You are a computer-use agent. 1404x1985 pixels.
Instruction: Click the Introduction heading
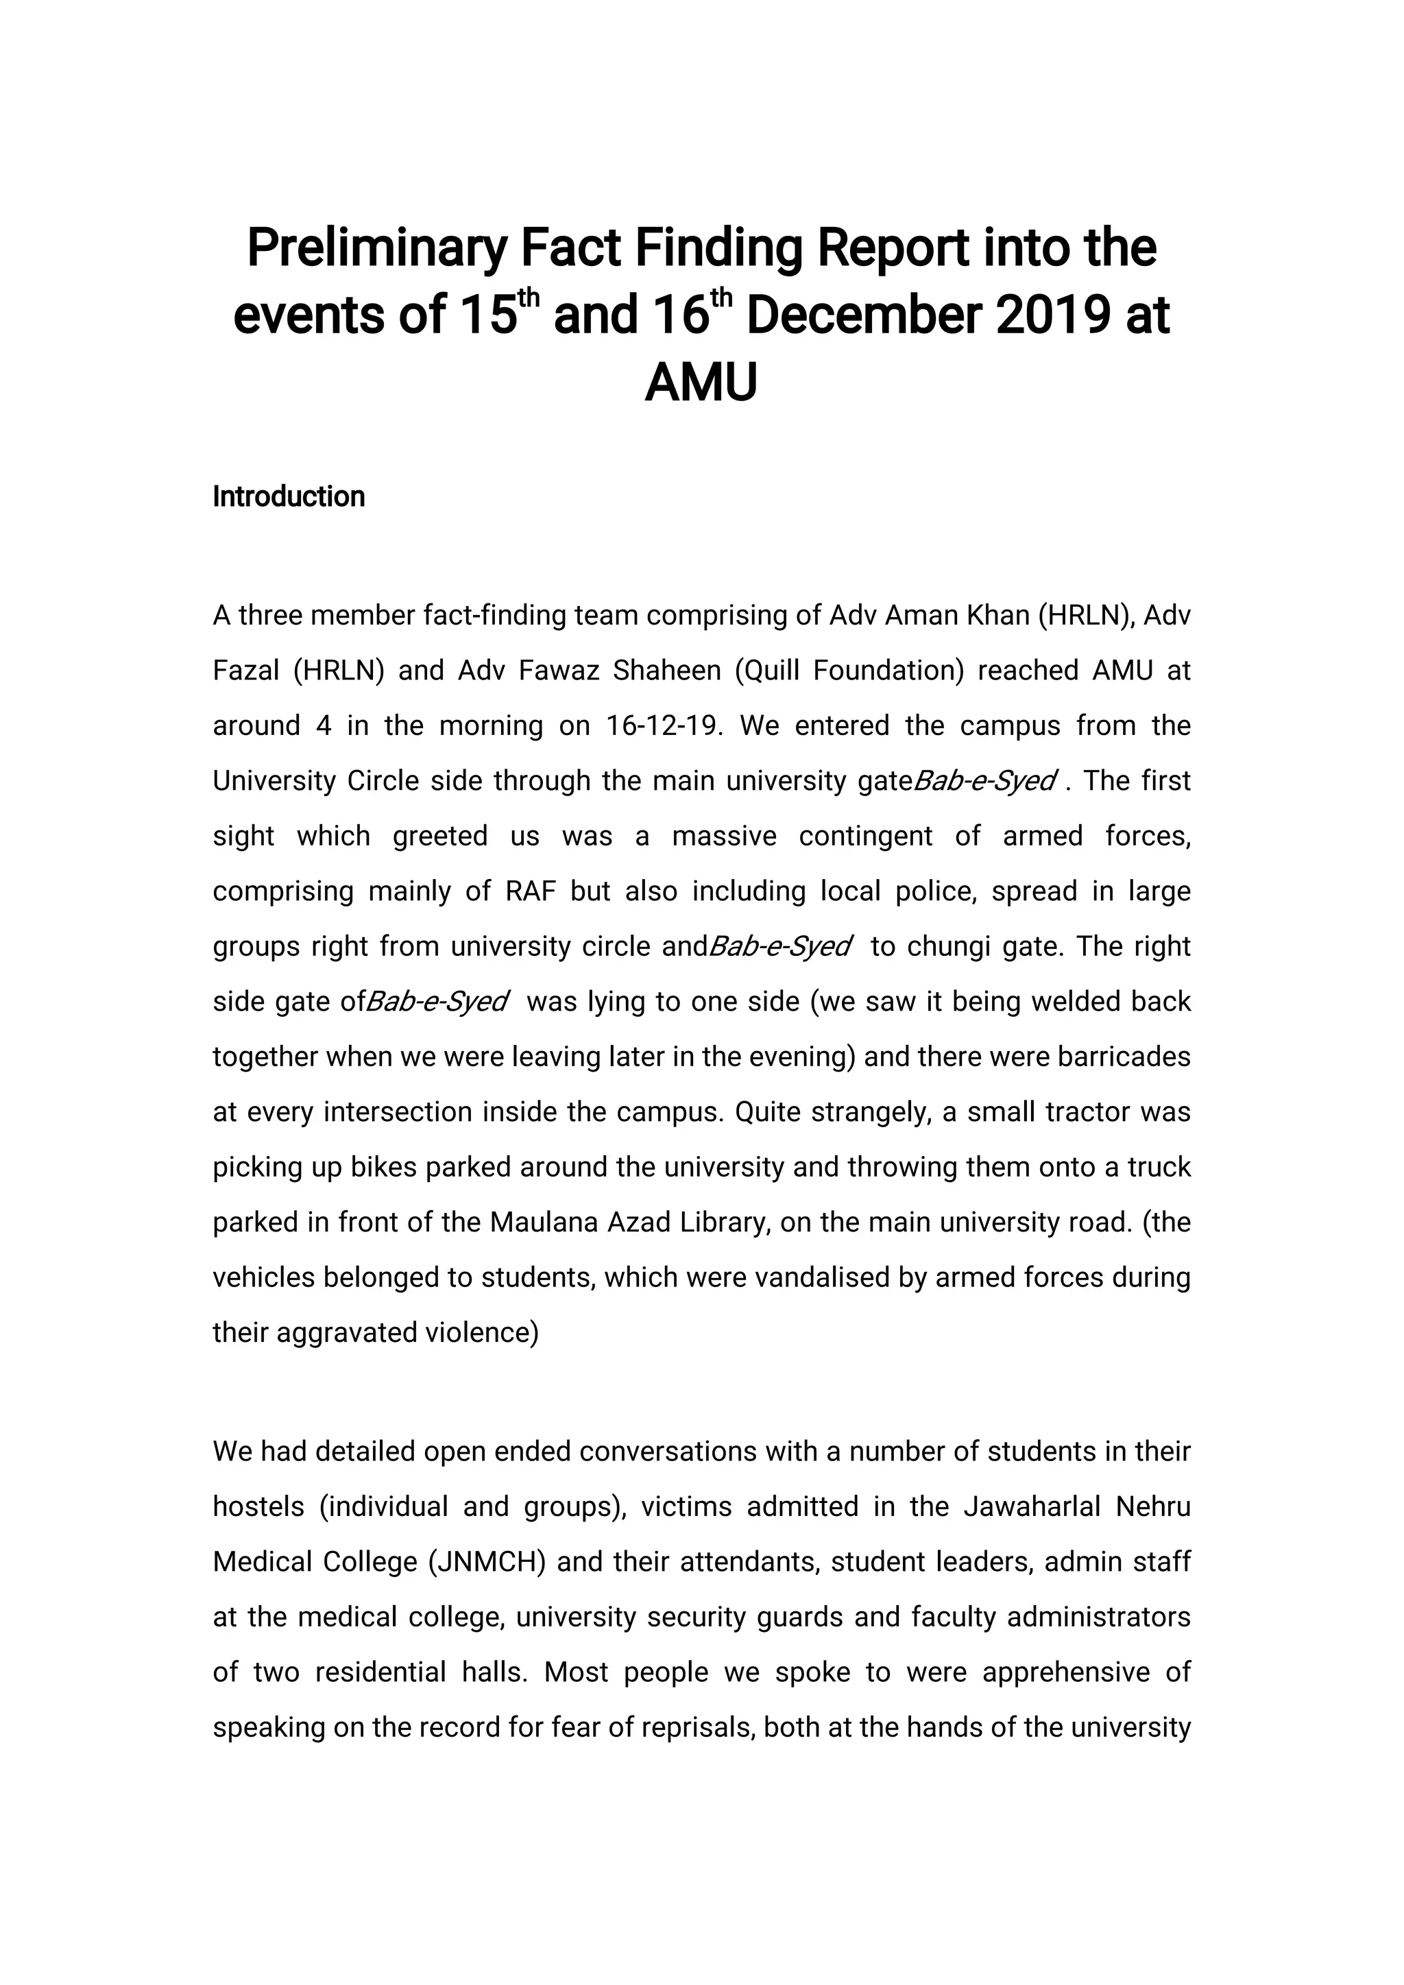tap(289, 497)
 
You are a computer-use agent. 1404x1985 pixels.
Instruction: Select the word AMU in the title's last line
tap(701, 383)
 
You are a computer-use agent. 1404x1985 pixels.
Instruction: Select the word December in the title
tap(862, 316)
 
